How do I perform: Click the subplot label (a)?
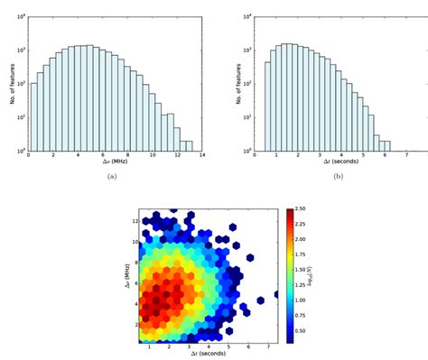(x=111, y=176)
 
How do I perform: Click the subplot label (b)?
(x=339, y=176)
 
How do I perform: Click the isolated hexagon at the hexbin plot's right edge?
(x=276, y=294)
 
